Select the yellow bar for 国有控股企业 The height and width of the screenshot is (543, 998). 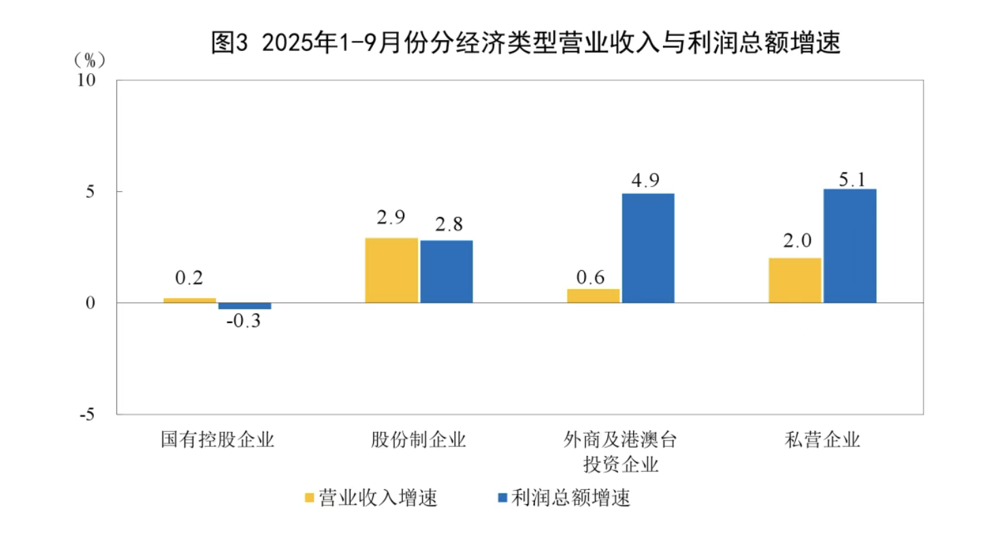click(190, 300)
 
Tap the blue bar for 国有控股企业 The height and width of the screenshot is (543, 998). click(244, 306)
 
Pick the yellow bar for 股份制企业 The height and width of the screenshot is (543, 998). click(391, 270)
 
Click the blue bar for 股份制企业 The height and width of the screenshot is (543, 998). click(446, 271)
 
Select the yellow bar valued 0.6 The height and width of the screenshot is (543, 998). click(593, 296)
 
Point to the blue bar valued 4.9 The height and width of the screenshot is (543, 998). click(647, 248)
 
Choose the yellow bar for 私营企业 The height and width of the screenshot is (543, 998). click(794, 280)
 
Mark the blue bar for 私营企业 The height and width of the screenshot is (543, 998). click(850, 246)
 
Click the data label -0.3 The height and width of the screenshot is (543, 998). click(244, 320)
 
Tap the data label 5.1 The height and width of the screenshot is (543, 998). click(850, 180)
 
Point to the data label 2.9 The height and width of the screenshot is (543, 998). click(391, 218)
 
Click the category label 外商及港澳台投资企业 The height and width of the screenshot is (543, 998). click(620, 452)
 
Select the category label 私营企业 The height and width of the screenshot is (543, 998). click(822, 440)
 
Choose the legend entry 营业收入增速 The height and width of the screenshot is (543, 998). click(371, 498)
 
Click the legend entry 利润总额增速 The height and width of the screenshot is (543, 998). click(564, 498)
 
